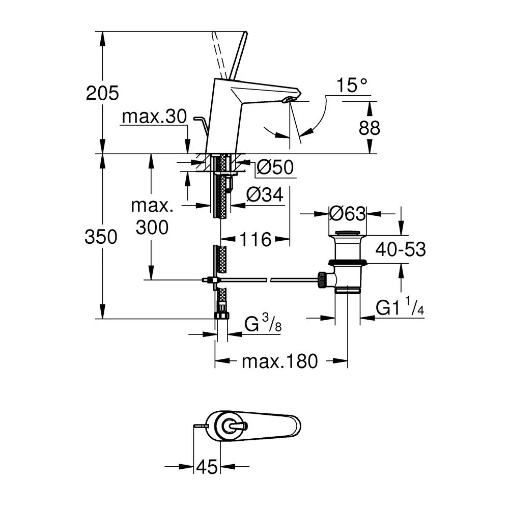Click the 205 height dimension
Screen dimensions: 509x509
click(102, 93)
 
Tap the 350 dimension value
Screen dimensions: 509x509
click(102, 236)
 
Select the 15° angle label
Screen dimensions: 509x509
click(351, 85)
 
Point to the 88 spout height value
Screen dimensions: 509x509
click(369, 127)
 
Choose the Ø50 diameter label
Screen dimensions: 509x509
click(275, 167)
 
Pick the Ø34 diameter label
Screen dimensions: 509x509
click(265, 195)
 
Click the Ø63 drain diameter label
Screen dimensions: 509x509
click(348, 214)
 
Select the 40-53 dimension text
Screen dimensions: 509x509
click(400, 249)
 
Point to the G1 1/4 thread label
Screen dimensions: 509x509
click(400, 307)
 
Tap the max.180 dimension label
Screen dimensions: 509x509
click(279, 361)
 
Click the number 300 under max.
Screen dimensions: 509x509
click(152, 227)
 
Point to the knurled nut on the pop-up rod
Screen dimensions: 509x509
click(322, 278)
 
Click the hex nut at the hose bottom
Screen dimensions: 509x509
click(221, 315)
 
